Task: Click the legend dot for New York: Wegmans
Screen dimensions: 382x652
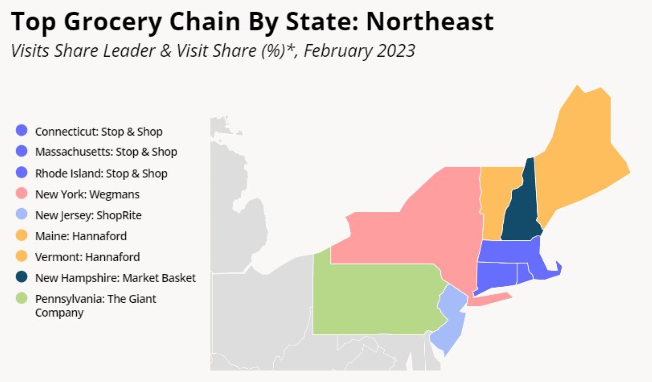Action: [x=22, y=193]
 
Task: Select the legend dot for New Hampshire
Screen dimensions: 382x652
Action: [x=22, y=277]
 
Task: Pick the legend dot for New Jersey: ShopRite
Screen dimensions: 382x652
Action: [x=22, y=214]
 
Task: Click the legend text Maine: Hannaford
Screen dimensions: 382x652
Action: [x=81, y=236]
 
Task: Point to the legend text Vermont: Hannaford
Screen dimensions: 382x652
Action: [x=87, y=257]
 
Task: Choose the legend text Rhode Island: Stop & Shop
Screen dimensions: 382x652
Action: [x=101, y=173]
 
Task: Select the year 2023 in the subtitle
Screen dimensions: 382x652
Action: [x=396, y=50]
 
